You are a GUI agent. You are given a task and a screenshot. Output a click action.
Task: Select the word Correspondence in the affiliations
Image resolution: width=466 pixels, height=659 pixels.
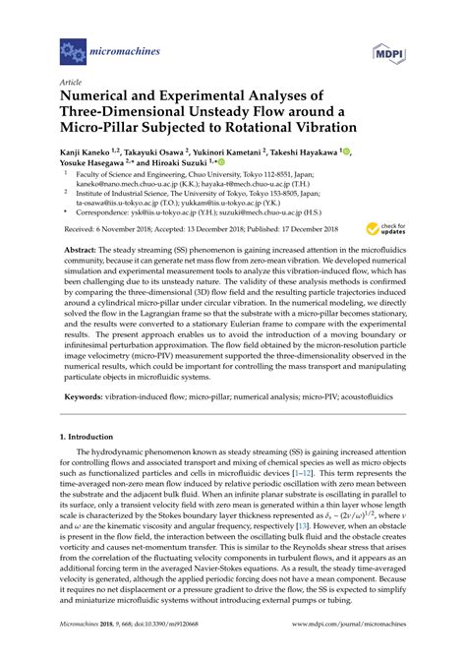coord(108,210)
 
